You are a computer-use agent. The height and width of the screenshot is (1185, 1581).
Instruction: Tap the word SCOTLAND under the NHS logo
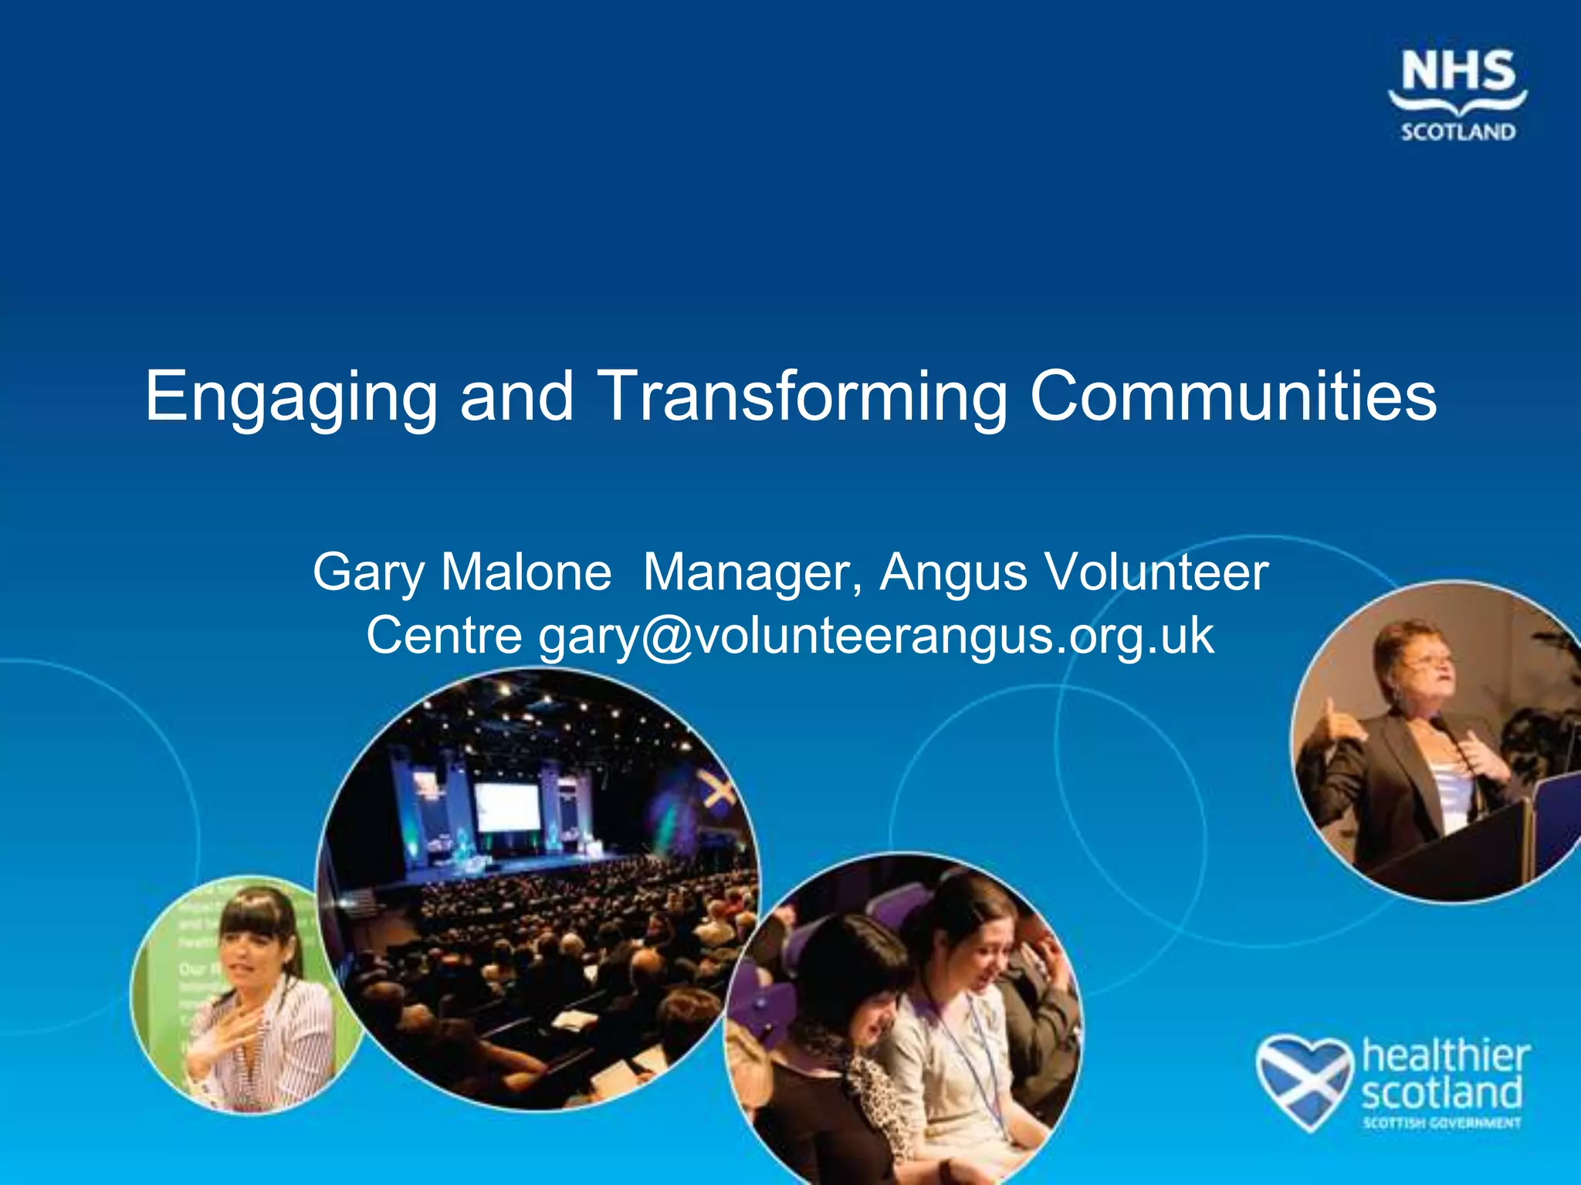[1457, 132]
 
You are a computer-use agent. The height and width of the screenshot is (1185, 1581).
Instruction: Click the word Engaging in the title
[290, 397]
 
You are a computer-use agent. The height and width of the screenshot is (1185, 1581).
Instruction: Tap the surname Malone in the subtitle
[526, 573]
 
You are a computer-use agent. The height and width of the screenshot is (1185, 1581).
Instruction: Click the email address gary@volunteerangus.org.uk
[876, 637]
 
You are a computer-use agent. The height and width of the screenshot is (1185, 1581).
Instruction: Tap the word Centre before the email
[444, 636]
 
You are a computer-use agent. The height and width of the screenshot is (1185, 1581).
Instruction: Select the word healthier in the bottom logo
[1445, 1055]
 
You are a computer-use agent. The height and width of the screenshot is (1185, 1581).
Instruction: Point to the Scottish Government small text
[1441, 1123]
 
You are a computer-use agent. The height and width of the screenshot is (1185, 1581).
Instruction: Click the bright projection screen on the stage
[507, 806]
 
